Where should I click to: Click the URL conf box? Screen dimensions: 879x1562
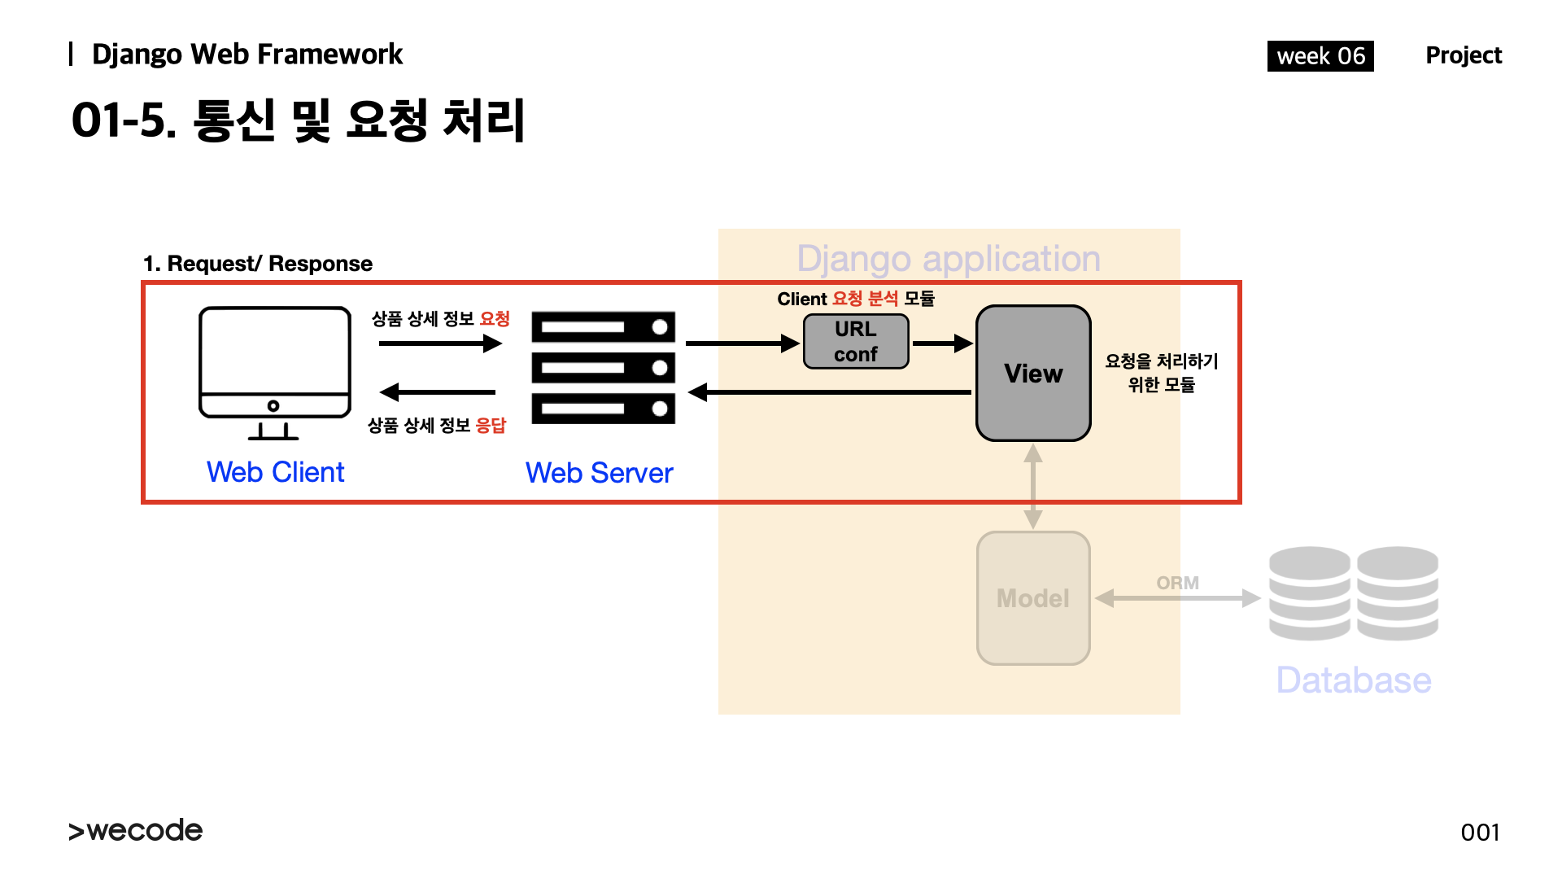(x=856, y=342)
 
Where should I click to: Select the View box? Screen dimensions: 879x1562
(x=1033, y=374)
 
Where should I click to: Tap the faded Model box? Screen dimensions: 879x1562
(x=1033, y=598)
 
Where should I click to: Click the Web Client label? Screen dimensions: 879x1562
(x=275, y=472)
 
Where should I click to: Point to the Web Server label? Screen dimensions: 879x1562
(x=600, y=473)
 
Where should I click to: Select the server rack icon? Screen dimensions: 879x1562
(x=603, y=367)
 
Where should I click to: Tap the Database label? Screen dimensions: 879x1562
(x=1354, y=680)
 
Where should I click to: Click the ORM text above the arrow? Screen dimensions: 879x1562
(x=1177, y=583)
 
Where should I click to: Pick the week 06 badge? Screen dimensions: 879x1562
(x=1320, y=56)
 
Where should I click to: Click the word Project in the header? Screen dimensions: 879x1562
(x=1464, y=55)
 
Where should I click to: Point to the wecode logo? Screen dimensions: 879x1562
(x=136, y=831)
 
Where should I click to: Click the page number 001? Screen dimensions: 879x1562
(x=1480, y=833)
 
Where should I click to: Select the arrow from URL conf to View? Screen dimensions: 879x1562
(x=942, y=343)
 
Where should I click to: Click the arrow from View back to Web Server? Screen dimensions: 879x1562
(x=830, y=392)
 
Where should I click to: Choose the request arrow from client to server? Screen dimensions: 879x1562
(x=440, y=343)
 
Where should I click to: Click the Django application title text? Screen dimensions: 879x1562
(x=949, y=259)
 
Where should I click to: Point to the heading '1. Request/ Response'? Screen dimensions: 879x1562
(x=258, y=264)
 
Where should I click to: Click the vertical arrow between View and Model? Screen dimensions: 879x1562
(x=1033, y=486)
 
